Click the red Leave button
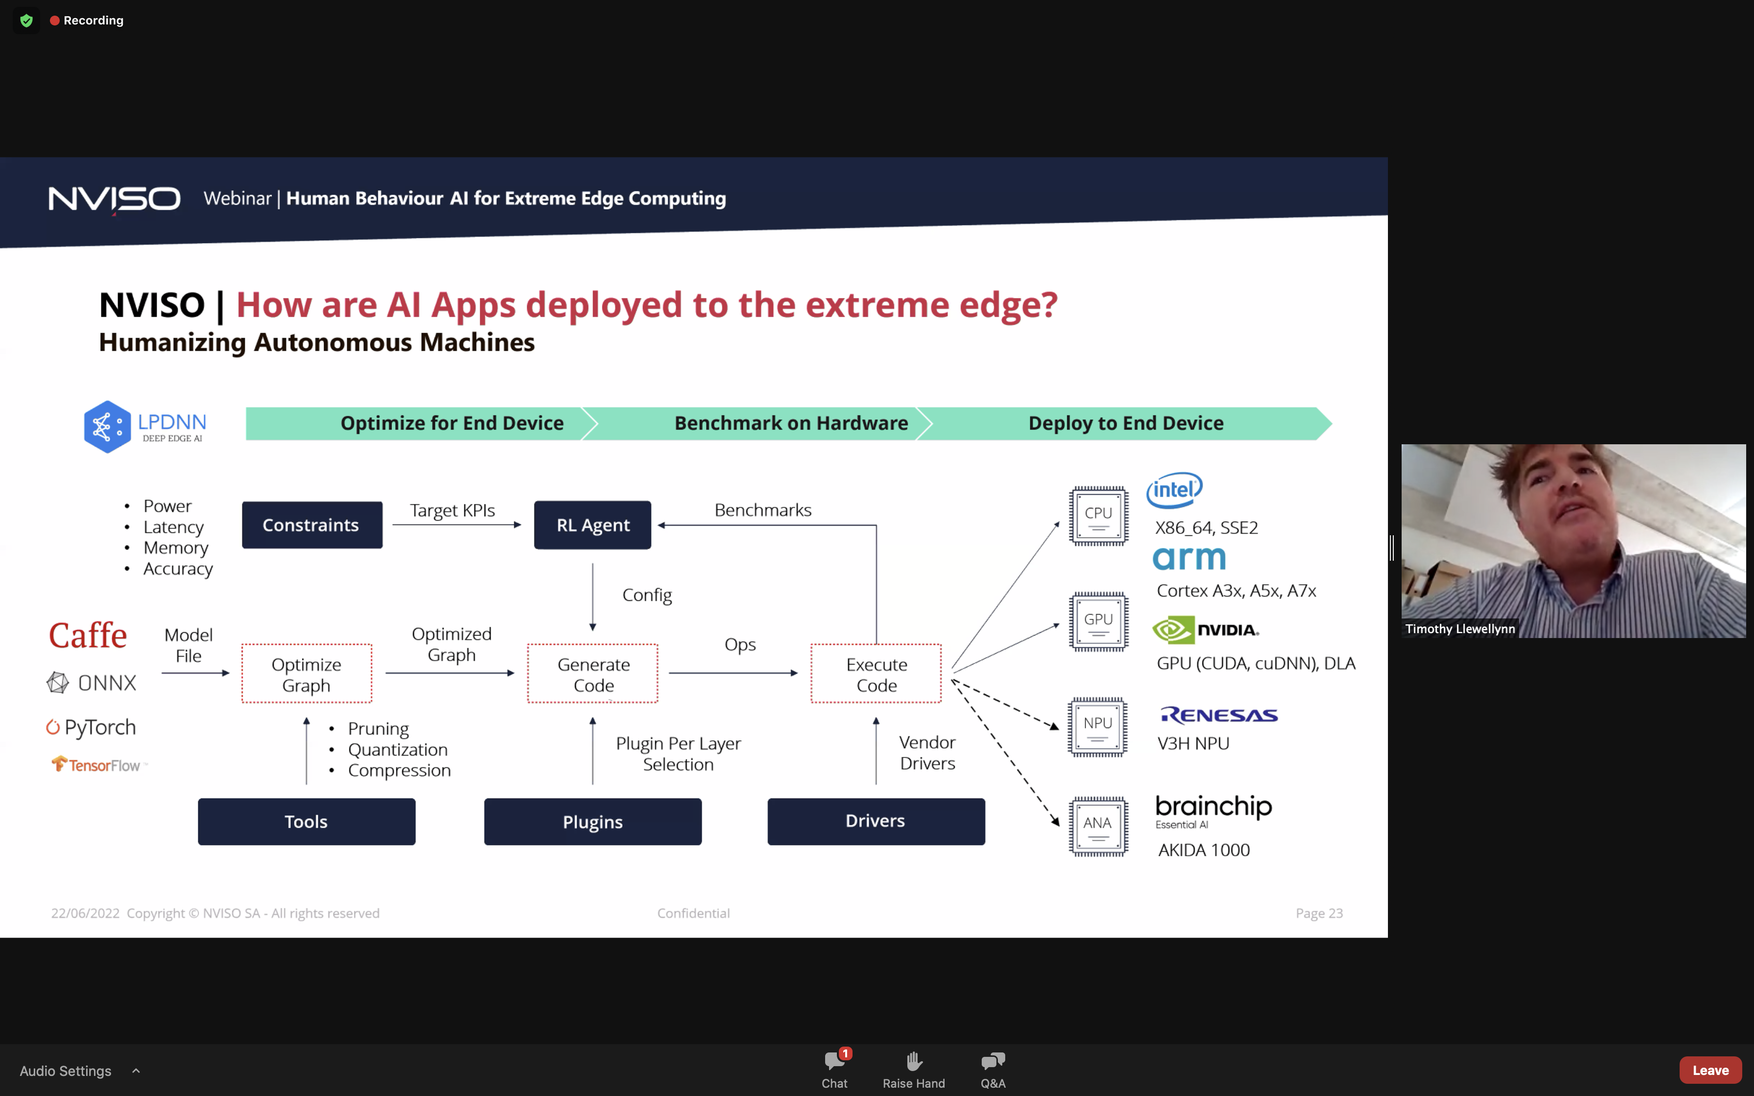pyautogui.click(x=1710, y=1070)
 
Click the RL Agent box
pyautogui.click(x=592, y=525)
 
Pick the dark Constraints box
pyautogui.click(x=312, y=525)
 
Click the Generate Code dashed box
pyautogui.click(x=593, y=673)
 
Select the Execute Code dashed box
pyautogui.click(x=877, y=673)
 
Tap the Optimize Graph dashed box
pyautogui.click(x=306, y=673)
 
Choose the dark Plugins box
pyautogui.click(x=593, y=822)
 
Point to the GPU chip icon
pyautogui.click(x=1098, y=621)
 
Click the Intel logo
pyautogui.click(x=1174, y=490)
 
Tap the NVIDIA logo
pyautogui.click(x=1205, y=630)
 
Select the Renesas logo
pyautogui.click(x=1219, y=715)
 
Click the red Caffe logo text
pyautogui.click(x=88, y=636)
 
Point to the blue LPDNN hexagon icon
pyautogui.click(x=107, y=427)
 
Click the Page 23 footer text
pyautogui.click(x=1319, y=913)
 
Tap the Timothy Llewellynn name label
pyautogui.click(x=1460, y=628)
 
